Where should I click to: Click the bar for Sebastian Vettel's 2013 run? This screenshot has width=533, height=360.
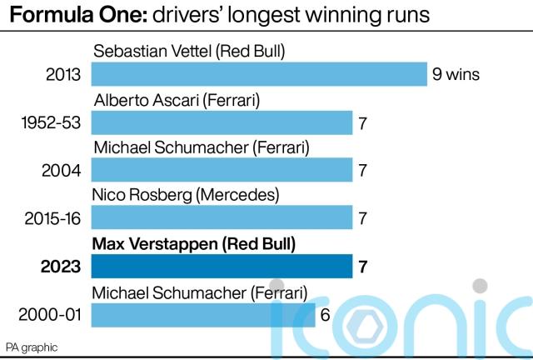[258, 75]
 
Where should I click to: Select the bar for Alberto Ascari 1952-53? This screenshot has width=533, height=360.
[222, 123]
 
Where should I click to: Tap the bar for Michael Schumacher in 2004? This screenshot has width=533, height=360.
[222, 171]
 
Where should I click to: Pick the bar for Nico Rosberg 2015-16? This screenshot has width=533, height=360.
[222, 219]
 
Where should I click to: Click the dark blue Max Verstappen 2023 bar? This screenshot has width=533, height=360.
[222, 267]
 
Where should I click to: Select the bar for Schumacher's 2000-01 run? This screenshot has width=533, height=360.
[203, 316]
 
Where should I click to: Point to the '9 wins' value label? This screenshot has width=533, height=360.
[456, 75]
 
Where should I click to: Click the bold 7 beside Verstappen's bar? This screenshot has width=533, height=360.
[363, 267]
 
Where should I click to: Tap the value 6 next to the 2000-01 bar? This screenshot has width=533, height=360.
[326, 316]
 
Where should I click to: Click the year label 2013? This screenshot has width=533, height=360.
[63, 75]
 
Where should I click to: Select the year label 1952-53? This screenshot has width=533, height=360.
[50, 123]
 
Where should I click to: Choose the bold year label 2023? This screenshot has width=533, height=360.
[62, 267]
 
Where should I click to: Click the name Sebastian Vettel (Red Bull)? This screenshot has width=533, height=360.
[189, 51]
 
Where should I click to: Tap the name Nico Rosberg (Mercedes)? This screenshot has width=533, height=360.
[186, 195]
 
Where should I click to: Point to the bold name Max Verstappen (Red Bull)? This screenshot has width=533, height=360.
[194, 243]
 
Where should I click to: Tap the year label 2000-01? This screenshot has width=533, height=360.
[50, 316]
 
